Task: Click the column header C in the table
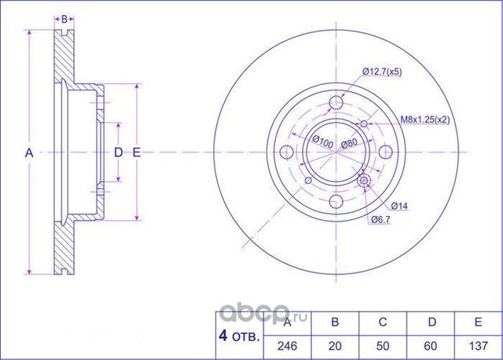(x=382, y=321)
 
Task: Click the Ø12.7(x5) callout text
(x=382, y=72)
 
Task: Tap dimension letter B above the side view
(x=66, y=17)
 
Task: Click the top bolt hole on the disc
(x=337, y=101)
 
